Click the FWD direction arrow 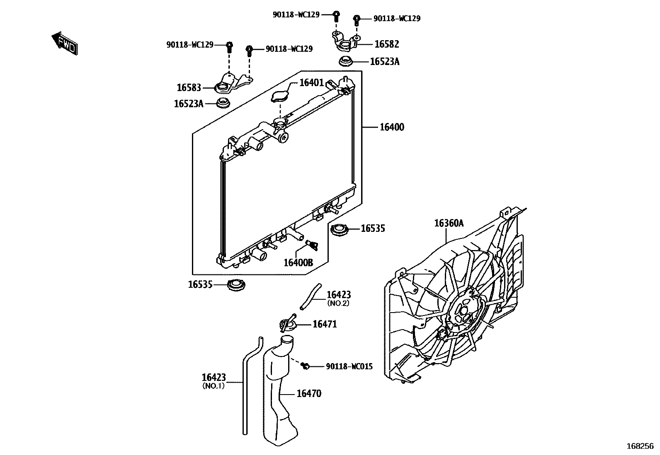point(64,43)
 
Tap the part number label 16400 point(391,127)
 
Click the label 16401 point(311,83)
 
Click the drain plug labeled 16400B point(312,245)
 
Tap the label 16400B point(298,262)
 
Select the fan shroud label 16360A point(449,224)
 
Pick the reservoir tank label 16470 point(308,393)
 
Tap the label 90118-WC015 point(349,366)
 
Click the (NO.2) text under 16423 point(338,303)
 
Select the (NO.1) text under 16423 point(213,386)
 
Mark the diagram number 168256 point(640,446)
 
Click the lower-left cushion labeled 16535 point(237,285)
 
